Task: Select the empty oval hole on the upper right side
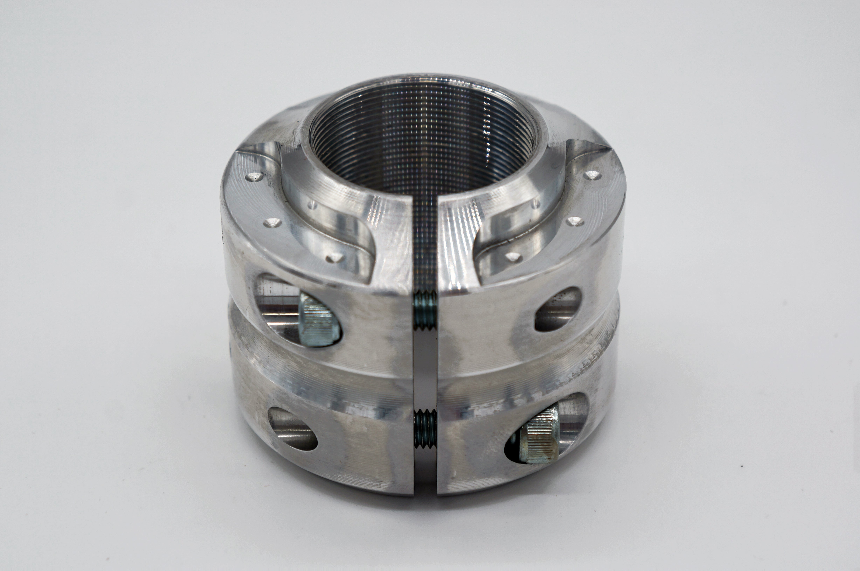coord(557,309)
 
